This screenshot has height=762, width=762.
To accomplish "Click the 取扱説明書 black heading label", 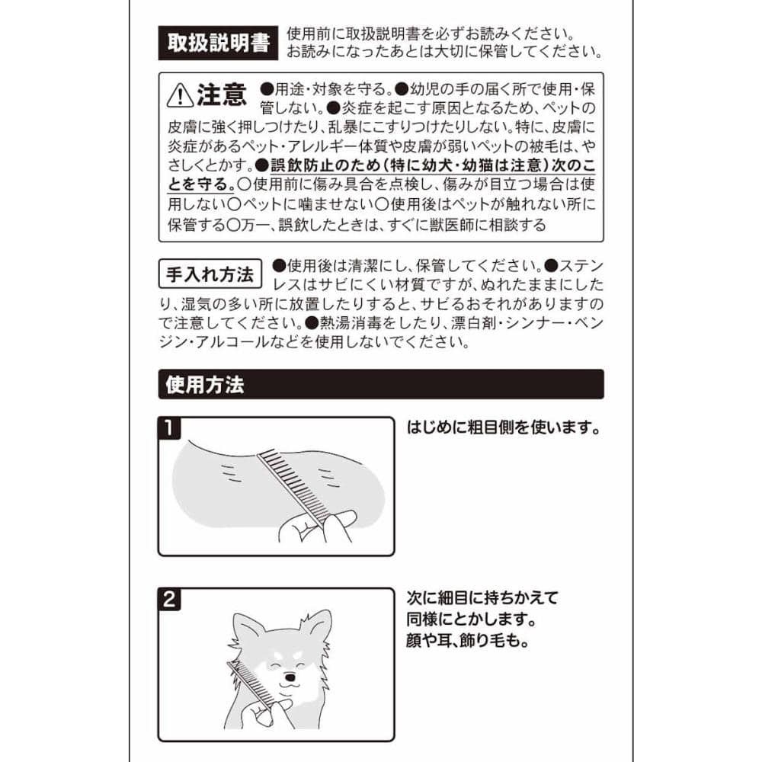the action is point(218,43).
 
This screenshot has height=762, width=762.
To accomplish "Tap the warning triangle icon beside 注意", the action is point(180,94).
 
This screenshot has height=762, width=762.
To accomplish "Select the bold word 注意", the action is point(222,94).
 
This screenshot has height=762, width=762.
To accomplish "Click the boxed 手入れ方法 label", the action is point(210,274).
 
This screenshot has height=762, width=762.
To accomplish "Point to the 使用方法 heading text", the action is point(204,385).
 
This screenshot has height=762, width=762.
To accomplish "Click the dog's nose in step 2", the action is point(290,677).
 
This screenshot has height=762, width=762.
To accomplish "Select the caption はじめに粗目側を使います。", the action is point(504,427).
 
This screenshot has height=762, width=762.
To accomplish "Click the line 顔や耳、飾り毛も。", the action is point(468,641).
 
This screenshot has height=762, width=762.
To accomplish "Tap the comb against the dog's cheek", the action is point(251,684).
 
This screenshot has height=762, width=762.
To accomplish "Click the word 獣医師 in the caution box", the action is point(451,225).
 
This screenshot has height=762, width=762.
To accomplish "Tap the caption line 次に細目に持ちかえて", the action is point(482,597).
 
